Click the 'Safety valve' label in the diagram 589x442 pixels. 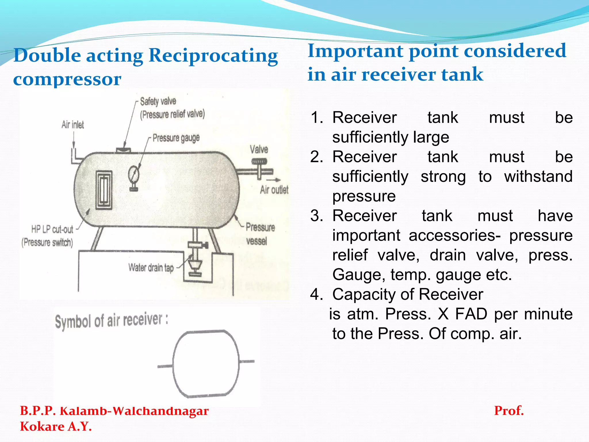click(158, 101)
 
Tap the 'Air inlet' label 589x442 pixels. click(72, 125)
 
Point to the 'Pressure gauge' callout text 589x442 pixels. click(176, 138)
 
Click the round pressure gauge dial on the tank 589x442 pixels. click(134, 174)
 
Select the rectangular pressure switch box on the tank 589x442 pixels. click(104, 190)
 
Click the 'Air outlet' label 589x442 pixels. click(274, 190)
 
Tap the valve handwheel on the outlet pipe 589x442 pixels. click(259, 162)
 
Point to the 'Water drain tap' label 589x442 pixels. click(151, 268)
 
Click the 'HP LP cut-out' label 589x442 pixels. click(52, 229)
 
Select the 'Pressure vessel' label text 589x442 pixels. click(260, 233)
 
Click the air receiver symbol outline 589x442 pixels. click(206, 364)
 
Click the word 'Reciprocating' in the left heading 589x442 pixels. click(213, 55)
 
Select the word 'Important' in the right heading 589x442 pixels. click(354, 51)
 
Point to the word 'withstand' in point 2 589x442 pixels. click(538, 176)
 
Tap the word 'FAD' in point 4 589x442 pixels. click(471, 314)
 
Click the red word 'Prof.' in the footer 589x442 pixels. click(509, 411)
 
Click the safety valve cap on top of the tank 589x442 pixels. click(124, 150)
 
